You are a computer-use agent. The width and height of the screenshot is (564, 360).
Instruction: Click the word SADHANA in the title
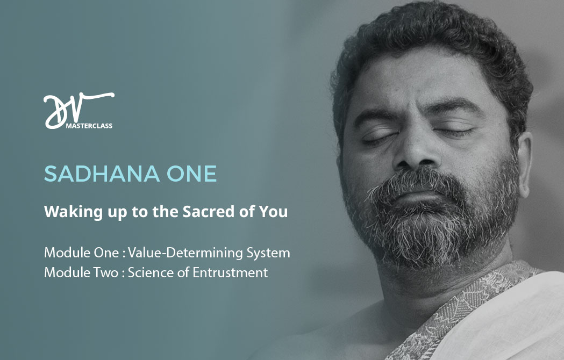[102, 174]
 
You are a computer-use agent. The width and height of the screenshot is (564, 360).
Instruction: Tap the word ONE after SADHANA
[192, 174]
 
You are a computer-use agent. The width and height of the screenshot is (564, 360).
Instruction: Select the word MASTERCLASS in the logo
[89, 126]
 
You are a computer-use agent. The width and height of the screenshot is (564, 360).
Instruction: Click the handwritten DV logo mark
[78, 110]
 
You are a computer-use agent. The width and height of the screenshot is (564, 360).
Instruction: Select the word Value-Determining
[185, 253]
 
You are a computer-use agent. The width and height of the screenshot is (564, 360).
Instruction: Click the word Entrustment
[230, 272]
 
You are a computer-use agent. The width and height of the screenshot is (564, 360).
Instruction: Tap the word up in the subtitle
[117, 213]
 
